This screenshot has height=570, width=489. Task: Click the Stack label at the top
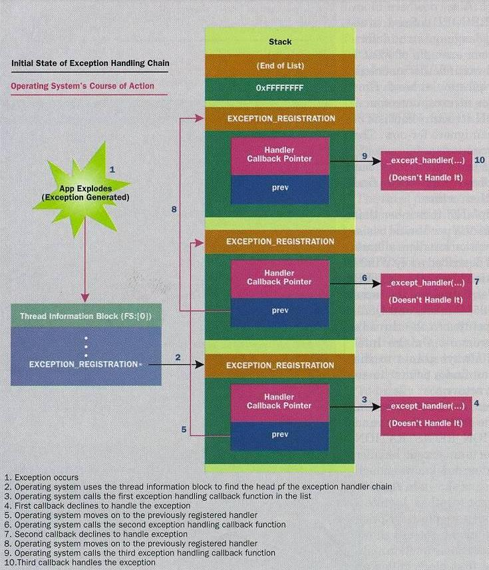tap(280, 42)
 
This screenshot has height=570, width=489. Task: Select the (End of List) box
tap(279, 66)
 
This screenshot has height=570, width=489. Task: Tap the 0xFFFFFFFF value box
tap(279, 89)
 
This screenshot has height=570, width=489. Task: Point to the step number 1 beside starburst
tap(112, 169)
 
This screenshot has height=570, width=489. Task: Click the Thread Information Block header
tap(86, 316)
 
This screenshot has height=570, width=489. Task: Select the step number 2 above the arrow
tap(178, 358)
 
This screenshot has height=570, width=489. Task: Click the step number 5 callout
tap(184, 429)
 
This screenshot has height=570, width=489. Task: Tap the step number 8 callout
tap(174, 209)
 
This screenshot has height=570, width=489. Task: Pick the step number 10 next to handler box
tap(480, 160)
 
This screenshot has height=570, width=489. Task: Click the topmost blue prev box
tap(280, 188)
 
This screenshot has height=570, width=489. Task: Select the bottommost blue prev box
tap(279, 435)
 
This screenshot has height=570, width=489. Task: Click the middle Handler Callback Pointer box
tap(279, 279)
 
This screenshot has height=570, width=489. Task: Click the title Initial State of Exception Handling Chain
tap(90, 63)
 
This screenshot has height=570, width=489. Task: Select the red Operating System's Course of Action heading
tap(82, 86)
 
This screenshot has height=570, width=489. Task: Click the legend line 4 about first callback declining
tap(97, 505)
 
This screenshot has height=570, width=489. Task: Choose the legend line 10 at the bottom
tap(80, 563)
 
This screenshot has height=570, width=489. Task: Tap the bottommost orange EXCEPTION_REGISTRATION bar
tap(279, 366)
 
